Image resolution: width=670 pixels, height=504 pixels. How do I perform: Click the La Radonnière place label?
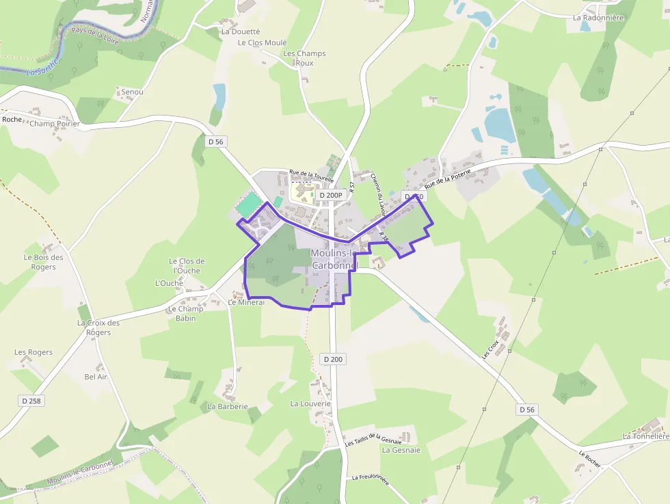tap(599, 18)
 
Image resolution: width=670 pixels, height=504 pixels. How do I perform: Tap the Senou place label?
tap(132, 91)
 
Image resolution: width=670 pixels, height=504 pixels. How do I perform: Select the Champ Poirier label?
tap(55, 124)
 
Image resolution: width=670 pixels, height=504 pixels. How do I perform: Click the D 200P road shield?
tap(330, 196)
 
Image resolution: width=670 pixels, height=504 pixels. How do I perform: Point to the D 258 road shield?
tap(31, 401)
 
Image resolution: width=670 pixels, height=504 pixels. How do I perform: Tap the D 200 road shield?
tap(333, 359)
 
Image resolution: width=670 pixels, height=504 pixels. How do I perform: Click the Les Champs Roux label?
tap(304, 58)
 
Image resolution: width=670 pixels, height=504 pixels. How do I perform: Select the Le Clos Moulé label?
tap(263, 42)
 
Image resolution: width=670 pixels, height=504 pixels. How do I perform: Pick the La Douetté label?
tap(241, 31)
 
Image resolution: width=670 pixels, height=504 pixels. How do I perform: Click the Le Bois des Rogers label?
tap(43, 262)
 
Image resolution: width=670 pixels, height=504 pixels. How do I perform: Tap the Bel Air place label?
tap(96, 377)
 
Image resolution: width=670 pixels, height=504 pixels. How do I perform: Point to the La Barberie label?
tap(228, 406)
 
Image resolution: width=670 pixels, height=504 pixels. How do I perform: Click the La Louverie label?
tap(310, 403)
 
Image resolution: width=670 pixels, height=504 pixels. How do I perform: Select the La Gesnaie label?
tap(401, 450)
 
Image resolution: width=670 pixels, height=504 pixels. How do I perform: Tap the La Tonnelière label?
tap(645, 436)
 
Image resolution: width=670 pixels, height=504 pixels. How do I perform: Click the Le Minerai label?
tap(246, 302)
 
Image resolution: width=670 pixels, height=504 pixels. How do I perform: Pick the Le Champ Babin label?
tap(186, 313)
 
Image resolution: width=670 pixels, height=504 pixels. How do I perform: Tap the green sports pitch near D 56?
tap(249, 204)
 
